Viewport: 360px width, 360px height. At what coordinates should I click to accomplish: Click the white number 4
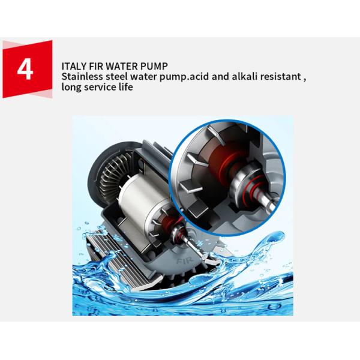25,69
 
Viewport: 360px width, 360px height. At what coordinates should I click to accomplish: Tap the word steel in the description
116,76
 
